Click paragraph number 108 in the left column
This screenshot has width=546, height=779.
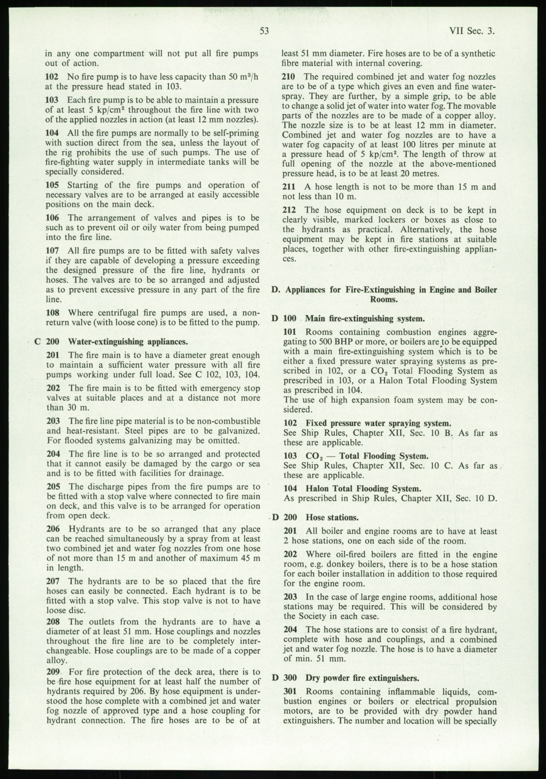point(52,313)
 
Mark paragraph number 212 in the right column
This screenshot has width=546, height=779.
point(290,210)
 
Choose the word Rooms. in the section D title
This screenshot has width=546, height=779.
point(384,299)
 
